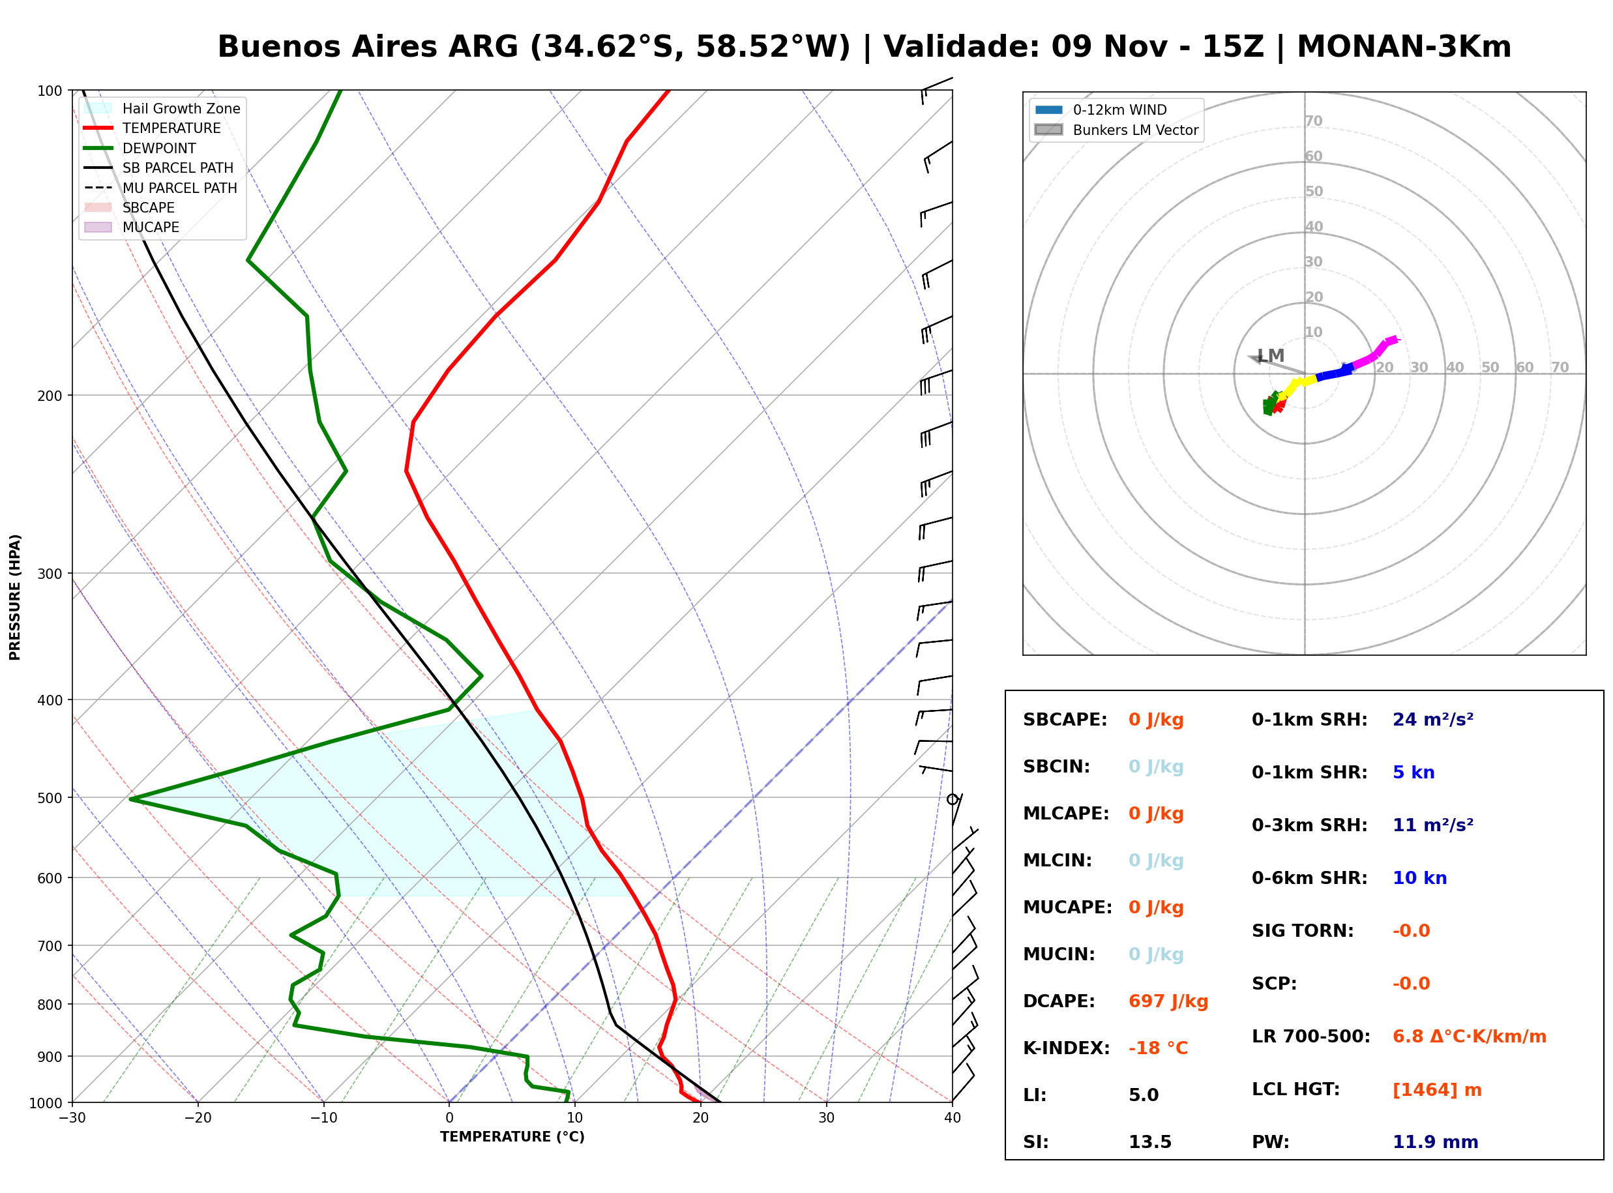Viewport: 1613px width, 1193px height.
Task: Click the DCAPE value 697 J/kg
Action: (1168, 1001)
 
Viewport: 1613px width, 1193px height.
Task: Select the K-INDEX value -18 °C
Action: (1157, 1048)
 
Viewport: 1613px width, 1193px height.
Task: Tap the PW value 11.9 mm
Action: (1434, 1141)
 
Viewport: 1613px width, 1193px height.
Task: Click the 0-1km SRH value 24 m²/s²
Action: (1432, 719)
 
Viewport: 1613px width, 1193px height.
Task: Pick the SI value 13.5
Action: (1149, 1141)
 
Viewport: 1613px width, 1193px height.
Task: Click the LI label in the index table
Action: (1035, 1095)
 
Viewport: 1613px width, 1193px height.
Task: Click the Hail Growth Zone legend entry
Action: (162, 108)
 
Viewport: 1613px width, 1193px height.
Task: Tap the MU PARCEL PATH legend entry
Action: (160, 188)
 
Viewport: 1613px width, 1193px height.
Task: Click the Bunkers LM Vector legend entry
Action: (1116, 130)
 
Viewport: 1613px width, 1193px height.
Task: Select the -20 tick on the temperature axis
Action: (198, 1118)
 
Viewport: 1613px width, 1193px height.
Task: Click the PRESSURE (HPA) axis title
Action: (15, 597)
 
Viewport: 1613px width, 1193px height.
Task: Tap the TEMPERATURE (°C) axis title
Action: (512, 1137)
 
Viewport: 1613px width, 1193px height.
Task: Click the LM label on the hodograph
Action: (1271, 356)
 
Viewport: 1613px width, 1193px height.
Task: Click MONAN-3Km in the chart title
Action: (1404, 47)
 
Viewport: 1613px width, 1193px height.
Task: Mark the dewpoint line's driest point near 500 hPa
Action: (130, 799)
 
